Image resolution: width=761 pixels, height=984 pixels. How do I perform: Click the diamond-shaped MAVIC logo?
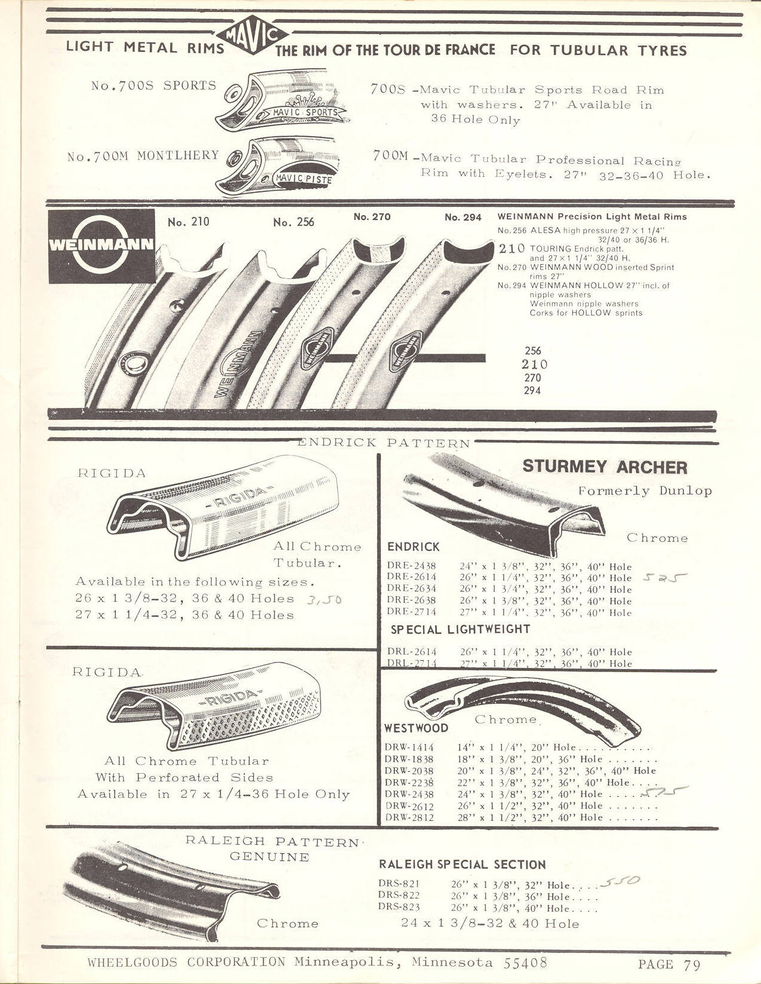pyautogui.click(x=252, y=35)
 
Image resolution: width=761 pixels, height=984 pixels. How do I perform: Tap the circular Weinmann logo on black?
pyautogui.click(x=101, y=246)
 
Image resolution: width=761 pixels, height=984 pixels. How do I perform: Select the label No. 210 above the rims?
pyautogui.click(x=189, y=222)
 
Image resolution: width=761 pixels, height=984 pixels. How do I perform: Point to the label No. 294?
pyautogui.click(x=463, y=217)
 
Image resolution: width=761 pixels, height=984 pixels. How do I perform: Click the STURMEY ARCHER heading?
pyautogui.click(x=605, y=467)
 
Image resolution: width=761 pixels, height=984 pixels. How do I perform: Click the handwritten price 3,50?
pyautogui.click(x=324, y=600)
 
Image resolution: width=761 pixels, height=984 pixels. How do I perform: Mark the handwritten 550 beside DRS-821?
pyautogui.click(x=620, y=881)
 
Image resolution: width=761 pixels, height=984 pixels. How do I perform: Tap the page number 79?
pyautogui.click(x=692, y=964)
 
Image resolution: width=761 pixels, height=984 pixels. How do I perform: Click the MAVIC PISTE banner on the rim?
pyautogui.click(x=304, y=179)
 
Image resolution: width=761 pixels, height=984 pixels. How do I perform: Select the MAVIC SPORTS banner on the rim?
pyautogui.click(x=305, y=112)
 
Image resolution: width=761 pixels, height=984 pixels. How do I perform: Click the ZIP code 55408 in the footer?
pyautogui.click(x=525, y=962)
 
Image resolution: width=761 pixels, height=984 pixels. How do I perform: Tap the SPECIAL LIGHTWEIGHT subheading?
pyautogui.click(x=460, y=630)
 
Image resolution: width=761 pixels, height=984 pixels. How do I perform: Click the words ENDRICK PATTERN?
pyautogui.click(x=384, y=443)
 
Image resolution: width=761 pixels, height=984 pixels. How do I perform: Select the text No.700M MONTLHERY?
pyautogui.click(x=143, y=156)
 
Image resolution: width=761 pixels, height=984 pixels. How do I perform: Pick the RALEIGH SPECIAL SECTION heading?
pyautogui.click(x=462, y=865)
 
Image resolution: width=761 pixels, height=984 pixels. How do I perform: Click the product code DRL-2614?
pyautogui.click(x=412, y=652)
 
